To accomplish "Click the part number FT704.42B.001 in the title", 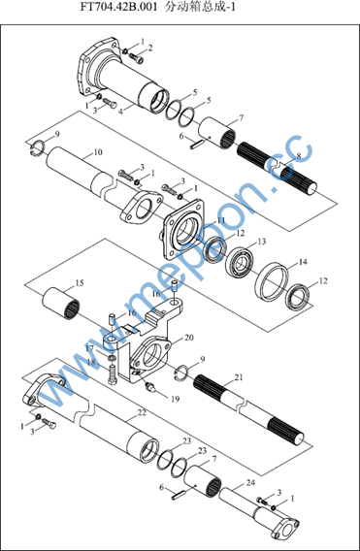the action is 118,8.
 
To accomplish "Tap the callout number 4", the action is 120,113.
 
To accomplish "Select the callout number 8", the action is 299,156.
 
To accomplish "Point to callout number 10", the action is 98,152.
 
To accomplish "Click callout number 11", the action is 220,220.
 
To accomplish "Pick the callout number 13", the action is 262,242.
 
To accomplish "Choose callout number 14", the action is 303,262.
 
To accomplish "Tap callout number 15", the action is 80,283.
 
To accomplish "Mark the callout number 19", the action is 175,399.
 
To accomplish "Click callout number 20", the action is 189,338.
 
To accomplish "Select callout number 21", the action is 239,377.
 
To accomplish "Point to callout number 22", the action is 142,412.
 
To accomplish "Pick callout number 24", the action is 250,482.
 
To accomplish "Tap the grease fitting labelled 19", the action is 151,387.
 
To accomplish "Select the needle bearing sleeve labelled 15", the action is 61,302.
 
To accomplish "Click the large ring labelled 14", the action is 272,281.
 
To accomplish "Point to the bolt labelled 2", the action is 136,57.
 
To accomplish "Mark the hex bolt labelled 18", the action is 113,374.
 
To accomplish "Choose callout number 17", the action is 90,348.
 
